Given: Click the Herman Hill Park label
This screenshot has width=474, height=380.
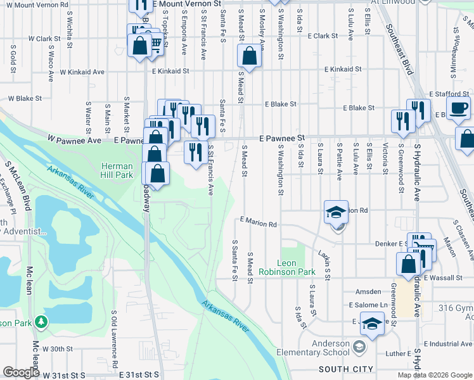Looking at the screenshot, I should click(117, 170).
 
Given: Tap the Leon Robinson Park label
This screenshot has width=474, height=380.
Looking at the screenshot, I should click(296, 267).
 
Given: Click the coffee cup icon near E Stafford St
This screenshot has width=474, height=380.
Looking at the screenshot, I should click(458, 107).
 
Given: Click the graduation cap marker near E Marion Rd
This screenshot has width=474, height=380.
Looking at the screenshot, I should click(336, 212).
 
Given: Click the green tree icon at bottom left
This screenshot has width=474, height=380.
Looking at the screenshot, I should click(42, 322).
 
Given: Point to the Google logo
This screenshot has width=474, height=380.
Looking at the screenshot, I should click(21, 372).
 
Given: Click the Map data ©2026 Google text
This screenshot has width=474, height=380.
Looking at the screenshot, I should click(434, 375).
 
